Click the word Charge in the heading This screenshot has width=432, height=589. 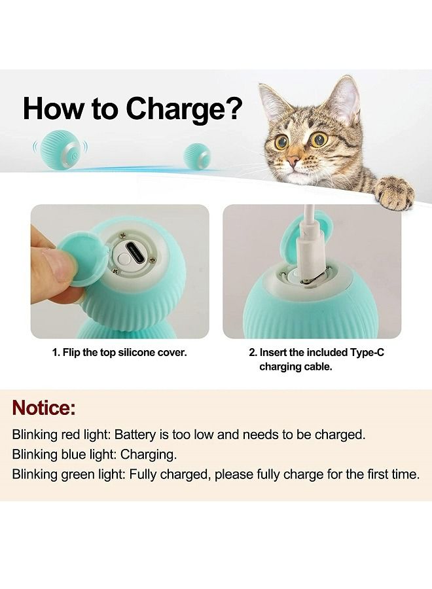click(176, 108)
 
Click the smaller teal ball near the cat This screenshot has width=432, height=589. click(197, 156)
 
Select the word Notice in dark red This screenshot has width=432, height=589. click(44, 408)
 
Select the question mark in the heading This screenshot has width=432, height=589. click(232, 108)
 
